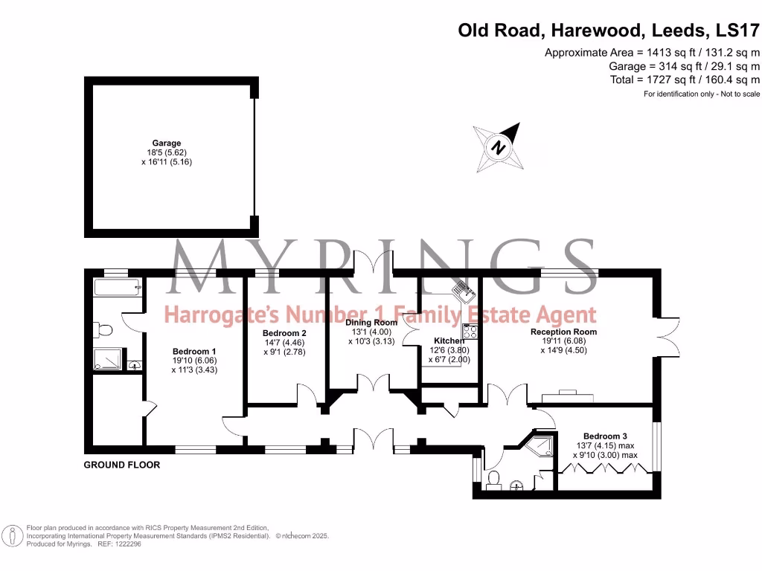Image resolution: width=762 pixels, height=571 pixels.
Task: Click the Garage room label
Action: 167,143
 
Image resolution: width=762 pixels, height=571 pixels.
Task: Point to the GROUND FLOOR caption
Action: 121,465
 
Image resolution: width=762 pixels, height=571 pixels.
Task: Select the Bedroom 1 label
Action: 194,352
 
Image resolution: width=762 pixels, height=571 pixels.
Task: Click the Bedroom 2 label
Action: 284,333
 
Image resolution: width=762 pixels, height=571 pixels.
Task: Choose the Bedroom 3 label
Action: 605,436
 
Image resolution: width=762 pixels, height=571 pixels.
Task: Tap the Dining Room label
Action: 371,323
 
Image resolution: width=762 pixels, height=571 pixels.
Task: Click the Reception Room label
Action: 563,332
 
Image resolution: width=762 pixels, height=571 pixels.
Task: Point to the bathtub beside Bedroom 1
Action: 118,288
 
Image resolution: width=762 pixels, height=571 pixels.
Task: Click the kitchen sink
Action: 464,291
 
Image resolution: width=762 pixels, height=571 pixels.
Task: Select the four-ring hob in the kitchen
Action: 470,332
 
